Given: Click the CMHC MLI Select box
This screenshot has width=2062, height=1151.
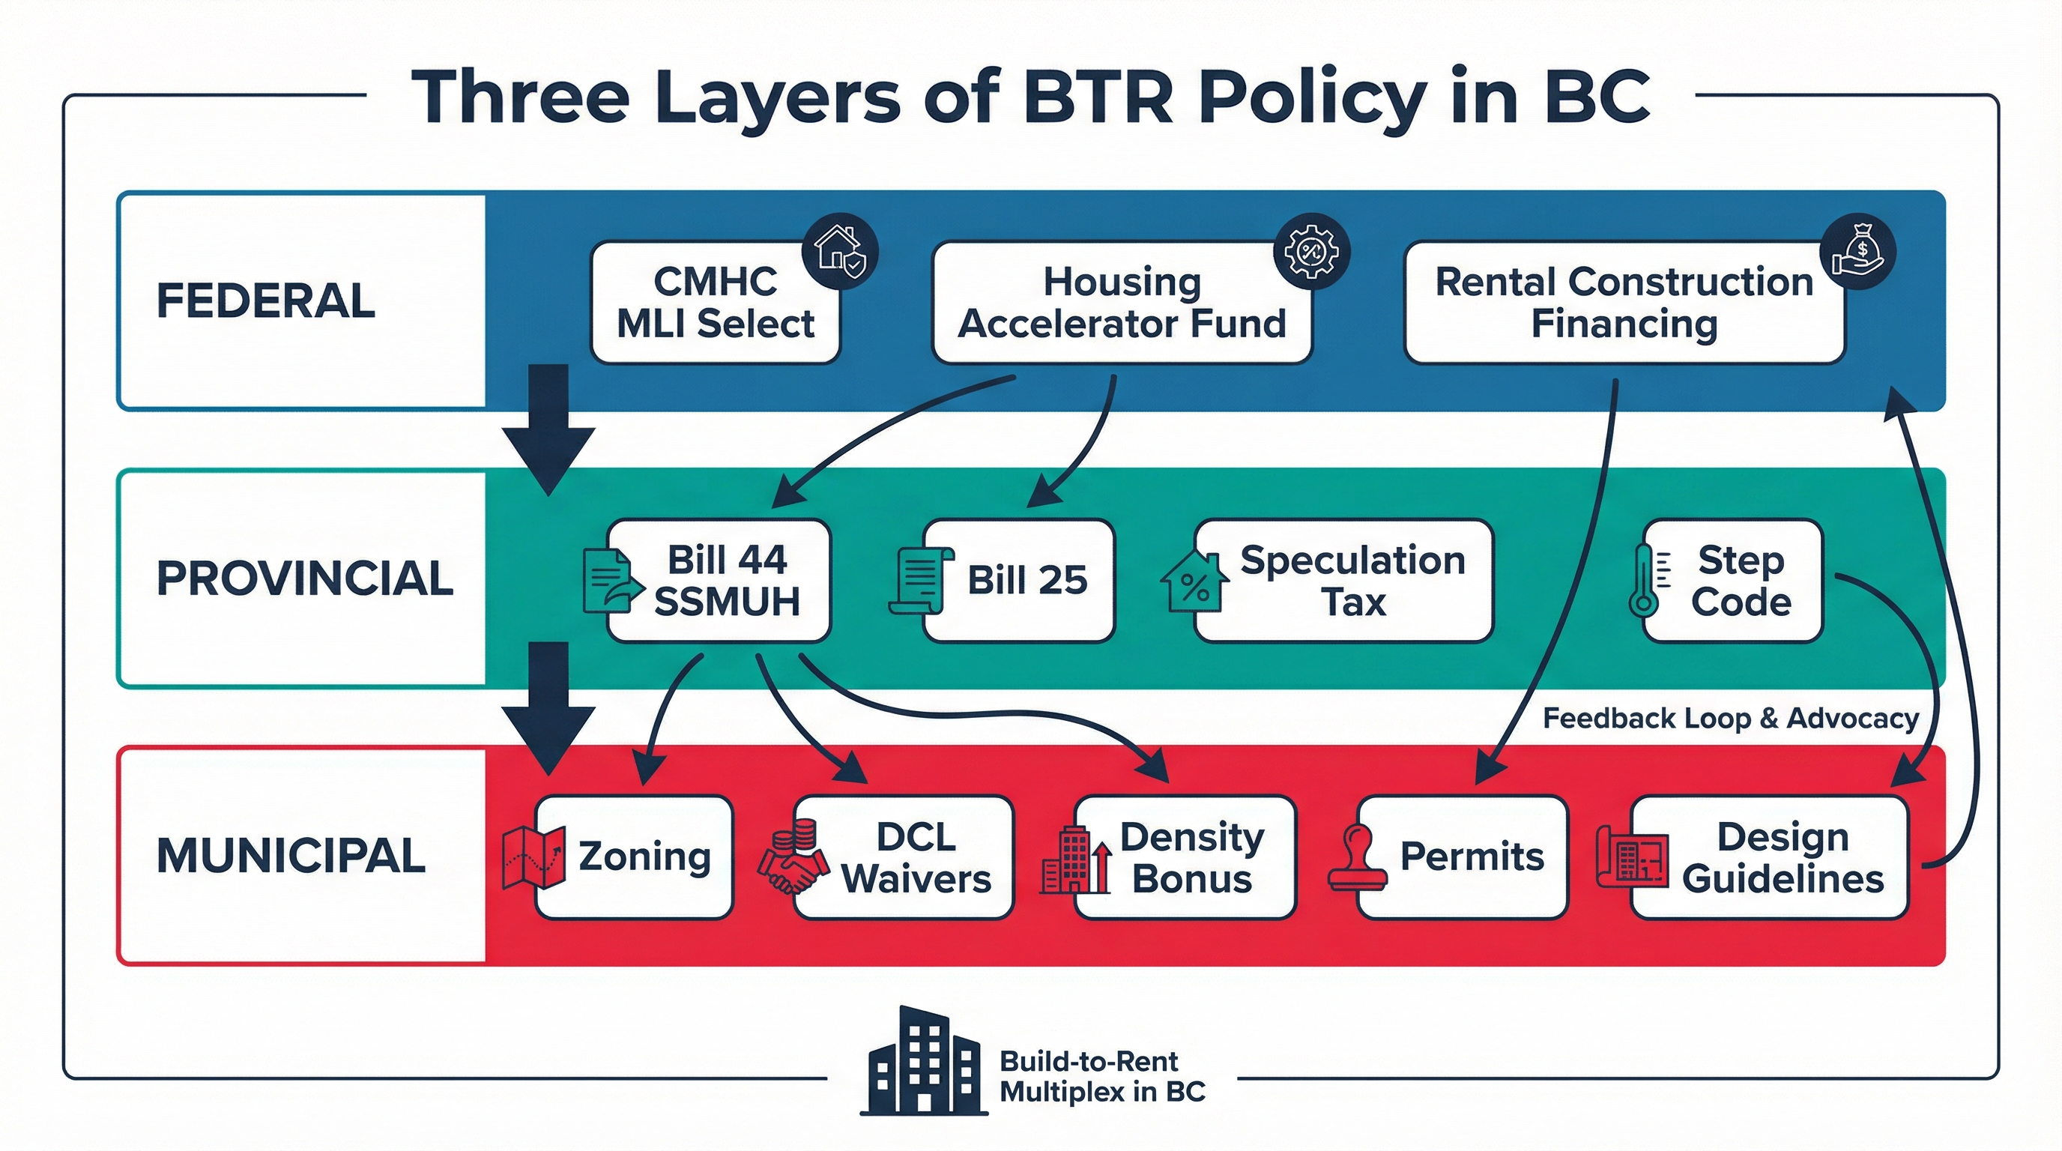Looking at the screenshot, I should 715,303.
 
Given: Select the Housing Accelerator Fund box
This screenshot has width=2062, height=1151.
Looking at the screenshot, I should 1122,303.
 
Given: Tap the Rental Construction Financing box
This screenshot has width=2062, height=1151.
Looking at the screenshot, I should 1624,303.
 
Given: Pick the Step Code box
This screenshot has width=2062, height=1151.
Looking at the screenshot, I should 1741,580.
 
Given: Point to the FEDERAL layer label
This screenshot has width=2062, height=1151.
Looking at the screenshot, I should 266,301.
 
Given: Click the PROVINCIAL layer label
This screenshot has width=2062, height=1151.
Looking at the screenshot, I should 304,578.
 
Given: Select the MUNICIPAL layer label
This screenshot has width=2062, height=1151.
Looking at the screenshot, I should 291,856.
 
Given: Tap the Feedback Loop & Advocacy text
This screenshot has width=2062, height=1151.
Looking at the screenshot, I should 1730,718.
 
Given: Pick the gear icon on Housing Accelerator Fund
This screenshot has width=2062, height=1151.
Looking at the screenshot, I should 1311,251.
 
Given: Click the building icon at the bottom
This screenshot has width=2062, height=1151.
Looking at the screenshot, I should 924,1061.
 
